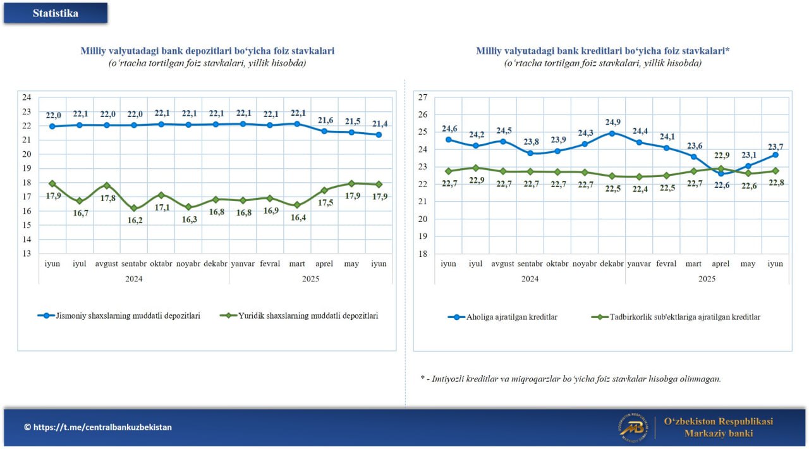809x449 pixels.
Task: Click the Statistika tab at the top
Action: (x=56, y=13)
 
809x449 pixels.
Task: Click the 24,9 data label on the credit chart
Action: (x=612, y=122)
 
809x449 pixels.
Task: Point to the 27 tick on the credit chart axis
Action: (x=423, y=97)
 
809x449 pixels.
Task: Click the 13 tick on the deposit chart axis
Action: (x=27, y=254)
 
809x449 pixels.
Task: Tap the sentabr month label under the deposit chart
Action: (x=133, y=264)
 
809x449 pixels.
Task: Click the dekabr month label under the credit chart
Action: (x=612, y=264)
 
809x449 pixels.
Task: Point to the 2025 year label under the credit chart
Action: (x=707, y=278)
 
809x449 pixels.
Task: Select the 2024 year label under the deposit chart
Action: (x=133, y=278)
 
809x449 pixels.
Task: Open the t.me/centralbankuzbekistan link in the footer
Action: (x=98, y=427)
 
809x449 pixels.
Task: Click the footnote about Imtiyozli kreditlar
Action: (x=571, y=379)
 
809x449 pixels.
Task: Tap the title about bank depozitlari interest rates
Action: (x=207, y=51)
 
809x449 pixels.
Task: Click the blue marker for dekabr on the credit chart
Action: (x=612, y=133)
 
